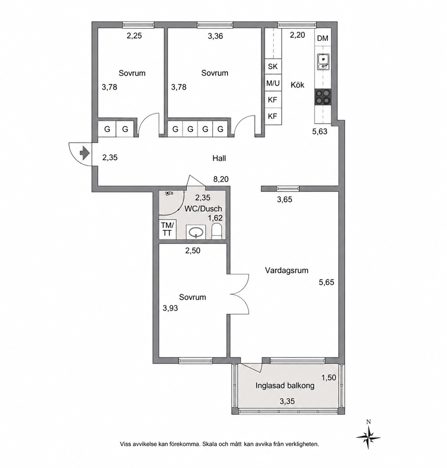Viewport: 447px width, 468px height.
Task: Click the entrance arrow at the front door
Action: pos(85,153)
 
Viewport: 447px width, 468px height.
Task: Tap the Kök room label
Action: pos(297,85)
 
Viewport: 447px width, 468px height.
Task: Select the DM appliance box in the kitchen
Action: pos(323,38)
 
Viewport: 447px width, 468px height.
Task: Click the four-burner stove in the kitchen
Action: pos(323,97)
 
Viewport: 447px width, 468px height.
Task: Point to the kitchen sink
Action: pos(323,62)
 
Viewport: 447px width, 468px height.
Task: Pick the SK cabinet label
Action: pos(273,67)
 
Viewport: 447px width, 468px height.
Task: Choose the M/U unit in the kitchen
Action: pos(273,83)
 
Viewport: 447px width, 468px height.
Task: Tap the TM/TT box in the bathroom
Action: pos(167,229)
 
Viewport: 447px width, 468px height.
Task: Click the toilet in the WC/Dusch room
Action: pos(216,232)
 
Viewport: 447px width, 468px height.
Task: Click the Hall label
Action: pos(219,158)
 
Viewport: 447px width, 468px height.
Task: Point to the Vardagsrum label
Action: pos(286,271)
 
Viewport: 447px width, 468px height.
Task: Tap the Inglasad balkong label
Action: pos(285,385)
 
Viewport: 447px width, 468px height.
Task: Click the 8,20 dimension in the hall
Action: pos(221,179)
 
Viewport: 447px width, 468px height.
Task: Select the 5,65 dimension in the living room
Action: pos(327,282)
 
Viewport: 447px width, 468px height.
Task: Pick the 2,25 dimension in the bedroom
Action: pos(134,36)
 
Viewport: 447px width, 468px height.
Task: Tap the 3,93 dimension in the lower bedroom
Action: pos(170,308)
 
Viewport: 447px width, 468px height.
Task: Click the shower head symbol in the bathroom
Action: pos(169,193)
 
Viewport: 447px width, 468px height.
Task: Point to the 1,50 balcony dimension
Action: pos(328,377)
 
